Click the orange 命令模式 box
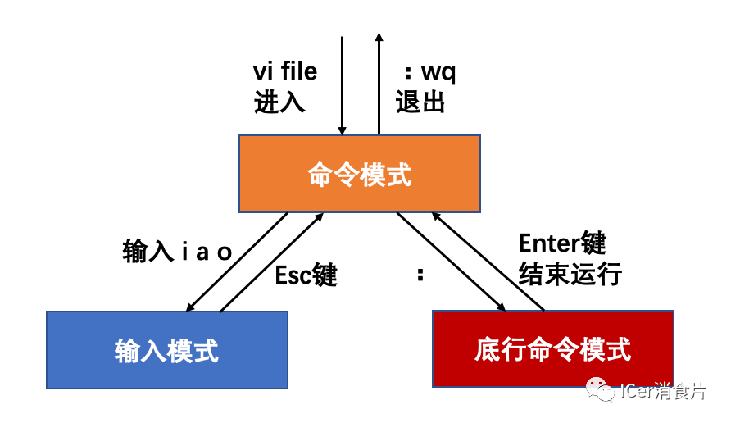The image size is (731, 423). (359, 174)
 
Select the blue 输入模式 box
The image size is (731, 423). (167, 350)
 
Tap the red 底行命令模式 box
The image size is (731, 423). (552, 348)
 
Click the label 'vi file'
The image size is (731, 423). (284, 72)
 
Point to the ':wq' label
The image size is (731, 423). (426, 72)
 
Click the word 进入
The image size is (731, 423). (279, 102)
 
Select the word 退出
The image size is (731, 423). (420, 102)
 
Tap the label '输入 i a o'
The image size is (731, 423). (178, 251)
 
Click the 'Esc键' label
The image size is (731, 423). (306, 275)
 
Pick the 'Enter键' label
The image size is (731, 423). (562, 243)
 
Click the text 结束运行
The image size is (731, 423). (570, 274)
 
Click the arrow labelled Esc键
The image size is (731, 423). (270, 262)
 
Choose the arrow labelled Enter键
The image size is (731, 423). (488, 261)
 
